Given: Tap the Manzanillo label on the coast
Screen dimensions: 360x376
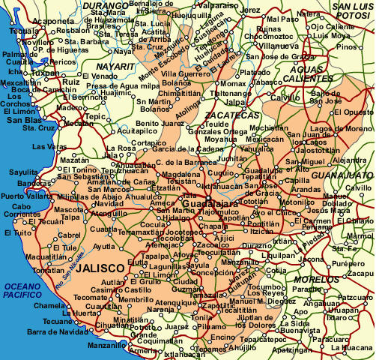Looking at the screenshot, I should pyautogui.click(x=107, y=346).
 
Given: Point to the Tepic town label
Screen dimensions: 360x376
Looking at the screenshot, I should pyautogui.click(x=95, y=117).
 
